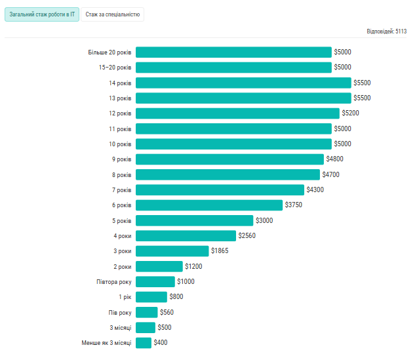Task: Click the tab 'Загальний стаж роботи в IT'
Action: pyautogui.click(x=42, y=14)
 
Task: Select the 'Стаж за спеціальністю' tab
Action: pyautogui.click(x=113, y=14)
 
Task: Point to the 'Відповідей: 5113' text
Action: pyautogui.click(x=387, y=31)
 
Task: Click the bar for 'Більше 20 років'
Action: pyautogui.click(x=233, y=52)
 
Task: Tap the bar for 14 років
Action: pyautogui.click(x=243, y=83)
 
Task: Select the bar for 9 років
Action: pyautogui.click(x=229, y=159)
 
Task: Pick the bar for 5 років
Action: pyautogui.click(x=194, y=220)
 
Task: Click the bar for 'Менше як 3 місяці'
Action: pyautogui.click(x=144, y=343)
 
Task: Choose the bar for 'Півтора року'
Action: pyautogui.click(x=155, y=282)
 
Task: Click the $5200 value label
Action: pyautogui.click(x=350, y=113)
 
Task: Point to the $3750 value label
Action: pyautogui.click(x=294, y=205)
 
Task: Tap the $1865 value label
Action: pyautogui.click(x=220, y=251)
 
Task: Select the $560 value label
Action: pyautogui.click(x=167, y=312)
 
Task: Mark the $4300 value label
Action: pyautogui.click(x=315, y=190)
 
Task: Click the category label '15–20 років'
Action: pyautogui.click(x=115, y=68)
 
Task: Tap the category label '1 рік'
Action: pyautogui.click(x=125, y=297)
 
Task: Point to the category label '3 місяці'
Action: pyautogui.click(x=120, y=328)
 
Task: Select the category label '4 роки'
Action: pyautogui.click(x=123, y=236)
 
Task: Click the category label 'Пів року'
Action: pyautogui.click(x=120, y=312)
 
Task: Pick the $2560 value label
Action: pyautogui.click(x=247, y=236)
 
